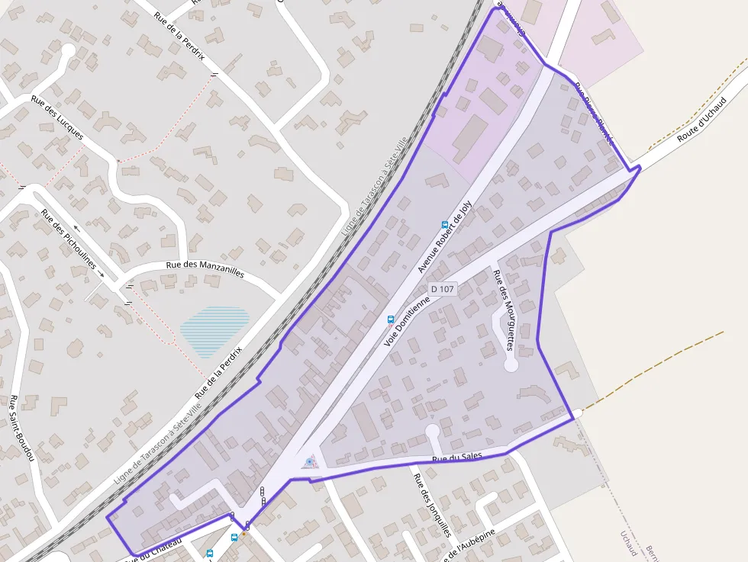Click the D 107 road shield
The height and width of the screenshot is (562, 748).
coord(443,289)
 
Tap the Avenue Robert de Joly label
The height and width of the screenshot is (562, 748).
coord(446,237)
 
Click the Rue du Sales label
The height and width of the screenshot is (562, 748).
coord(450,459)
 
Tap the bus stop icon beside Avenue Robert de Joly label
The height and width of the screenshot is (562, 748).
coord(444,225)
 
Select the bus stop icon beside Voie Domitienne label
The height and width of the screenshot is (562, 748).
coord(391,320)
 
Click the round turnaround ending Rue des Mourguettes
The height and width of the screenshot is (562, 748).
coord(511,365)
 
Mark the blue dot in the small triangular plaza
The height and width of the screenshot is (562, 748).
coord(308,461)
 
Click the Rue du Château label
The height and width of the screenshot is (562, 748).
coord(157,550)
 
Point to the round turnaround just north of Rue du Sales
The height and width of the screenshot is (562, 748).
coord(432,432)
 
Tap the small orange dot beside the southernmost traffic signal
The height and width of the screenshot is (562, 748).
coord(243,535)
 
